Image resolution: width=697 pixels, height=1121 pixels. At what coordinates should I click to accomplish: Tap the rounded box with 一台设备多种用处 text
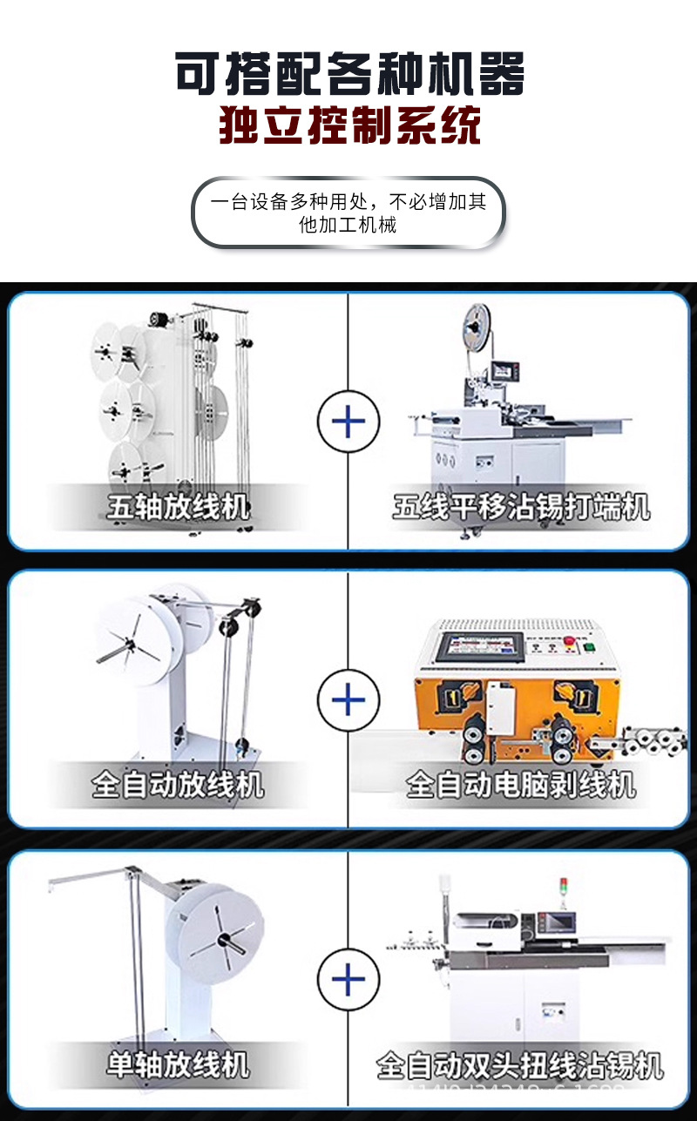click(x=348, y=213)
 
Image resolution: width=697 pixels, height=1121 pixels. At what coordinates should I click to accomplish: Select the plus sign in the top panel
click(x=348, y=422)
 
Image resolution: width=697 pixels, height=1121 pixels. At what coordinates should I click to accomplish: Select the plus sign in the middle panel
click(x=348, y=699)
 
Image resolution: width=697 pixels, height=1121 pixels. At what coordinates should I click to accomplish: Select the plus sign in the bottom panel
click(x=348, y=980)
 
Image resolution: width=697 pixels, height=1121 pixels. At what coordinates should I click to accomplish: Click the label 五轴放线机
click(x=178, y=507)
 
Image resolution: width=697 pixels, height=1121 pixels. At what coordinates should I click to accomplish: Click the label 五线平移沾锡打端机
click(x=521, y=507)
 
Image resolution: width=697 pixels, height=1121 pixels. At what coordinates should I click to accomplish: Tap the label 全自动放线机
click(x=178, y=786)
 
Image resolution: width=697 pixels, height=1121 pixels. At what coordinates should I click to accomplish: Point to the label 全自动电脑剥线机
click(x=521, y=786)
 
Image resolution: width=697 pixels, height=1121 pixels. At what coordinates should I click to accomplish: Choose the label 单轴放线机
click(x=178, y=1064)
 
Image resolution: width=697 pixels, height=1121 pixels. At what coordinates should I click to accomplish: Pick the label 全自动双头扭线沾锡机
click(x=520, y=1065)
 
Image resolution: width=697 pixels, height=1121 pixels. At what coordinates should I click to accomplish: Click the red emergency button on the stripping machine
click(x=571, y=643)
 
